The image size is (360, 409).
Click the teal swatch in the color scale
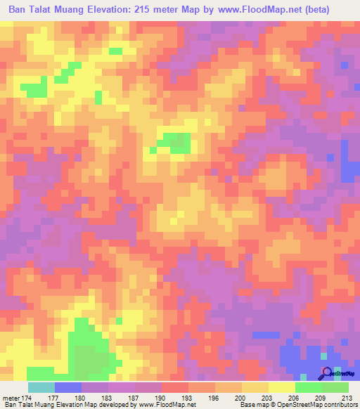(41, 387)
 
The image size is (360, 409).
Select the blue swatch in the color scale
(68, 387)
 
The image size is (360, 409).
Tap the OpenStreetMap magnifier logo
(328, 373)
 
